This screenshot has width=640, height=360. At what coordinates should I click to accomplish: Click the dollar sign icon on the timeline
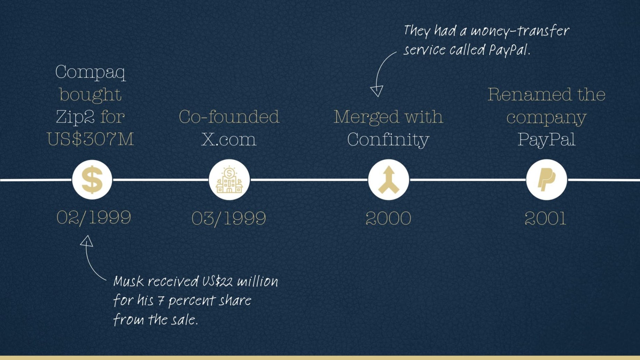tap(92, 180)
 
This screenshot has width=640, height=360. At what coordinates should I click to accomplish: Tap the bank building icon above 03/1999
tap(229, 180)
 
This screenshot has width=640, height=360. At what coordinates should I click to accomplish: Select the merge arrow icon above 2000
tap(389, 180)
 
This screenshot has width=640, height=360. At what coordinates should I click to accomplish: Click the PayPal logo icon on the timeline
tap(546, 180)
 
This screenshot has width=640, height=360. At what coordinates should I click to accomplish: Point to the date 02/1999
tap(94, 218)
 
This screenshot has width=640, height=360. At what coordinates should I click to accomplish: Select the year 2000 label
tap(389, 219)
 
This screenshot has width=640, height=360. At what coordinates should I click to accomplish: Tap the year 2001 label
tap(546, 219)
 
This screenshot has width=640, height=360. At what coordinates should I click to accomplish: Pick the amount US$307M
tap(91, 139)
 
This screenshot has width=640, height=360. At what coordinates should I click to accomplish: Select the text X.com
tap(229, 139)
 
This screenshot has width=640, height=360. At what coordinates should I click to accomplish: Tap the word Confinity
tap(388, 140)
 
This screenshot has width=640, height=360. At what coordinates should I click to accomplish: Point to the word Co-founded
tap(229, 117)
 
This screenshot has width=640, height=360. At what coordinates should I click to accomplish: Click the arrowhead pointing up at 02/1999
tap(87, 241)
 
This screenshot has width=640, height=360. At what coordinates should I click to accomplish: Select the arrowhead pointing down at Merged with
tap(377, 91)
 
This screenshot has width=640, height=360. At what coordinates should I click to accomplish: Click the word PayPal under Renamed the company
tap(546, 140)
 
